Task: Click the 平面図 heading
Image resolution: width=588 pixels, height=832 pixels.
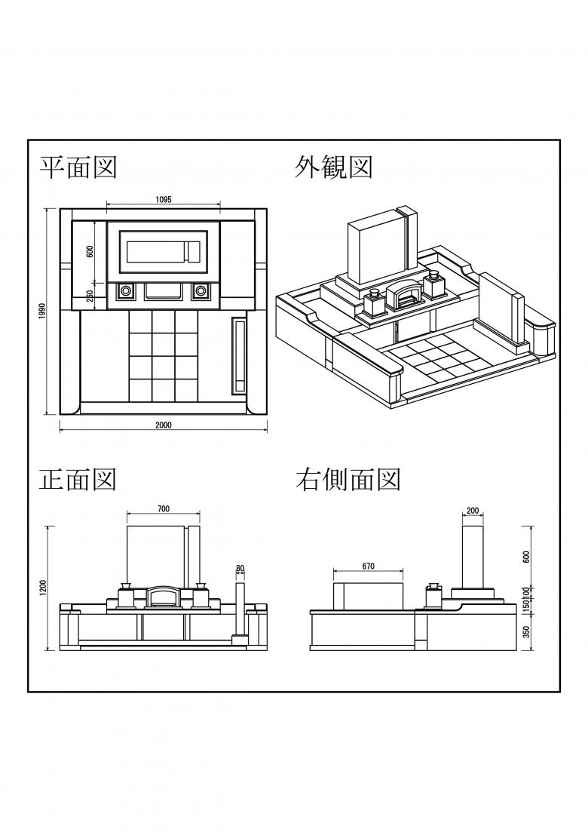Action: (78, 167)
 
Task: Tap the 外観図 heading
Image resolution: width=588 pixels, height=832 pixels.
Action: (333, 167)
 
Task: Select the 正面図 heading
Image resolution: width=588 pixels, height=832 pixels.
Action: (78, 479)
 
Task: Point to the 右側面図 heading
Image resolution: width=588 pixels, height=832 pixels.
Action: (348, 479)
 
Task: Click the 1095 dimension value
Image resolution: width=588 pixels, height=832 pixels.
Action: (164, 200)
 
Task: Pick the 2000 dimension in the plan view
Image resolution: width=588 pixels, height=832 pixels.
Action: (164, 425)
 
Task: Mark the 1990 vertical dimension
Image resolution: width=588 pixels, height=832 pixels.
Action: (41, 312)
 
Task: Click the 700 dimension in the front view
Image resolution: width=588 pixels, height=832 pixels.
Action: (164, 509)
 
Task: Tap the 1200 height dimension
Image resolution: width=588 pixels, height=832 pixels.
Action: (43, 588)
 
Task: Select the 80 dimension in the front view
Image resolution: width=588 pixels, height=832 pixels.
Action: (240, 568)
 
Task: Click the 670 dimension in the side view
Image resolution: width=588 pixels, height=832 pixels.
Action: (369, 566)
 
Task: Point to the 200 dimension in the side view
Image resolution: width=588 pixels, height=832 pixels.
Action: (473, 511)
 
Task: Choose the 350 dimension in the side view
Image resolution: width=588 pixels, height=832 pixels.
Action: (526, 632)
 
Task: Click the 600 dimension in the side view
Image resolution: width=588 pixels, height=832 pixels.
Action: (526, 557)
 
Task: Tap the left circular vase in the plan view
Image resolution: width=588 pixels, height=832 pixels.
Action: (126, 290)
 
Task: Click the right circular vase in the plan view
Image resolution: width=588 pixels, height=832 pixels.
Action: (201, 290)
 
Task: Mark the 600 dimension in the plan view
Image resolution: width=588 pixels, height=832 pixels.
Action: (90, 251)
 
